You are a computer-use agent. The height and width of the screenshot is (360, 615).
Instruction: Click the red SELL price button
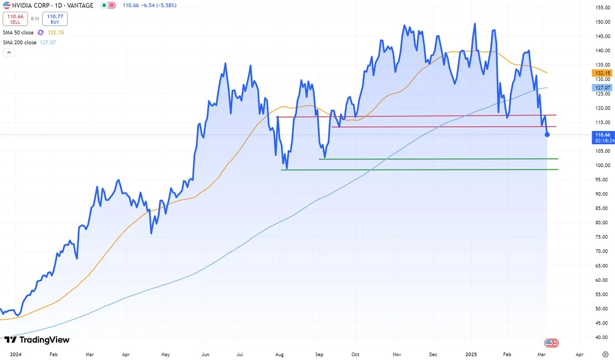(15, 18)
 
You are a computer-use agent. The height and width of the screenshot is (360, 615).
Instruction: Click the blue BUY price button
(55, 18)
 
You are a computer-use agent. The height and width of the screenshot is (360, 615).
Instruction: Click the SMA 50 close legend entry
(18, 32)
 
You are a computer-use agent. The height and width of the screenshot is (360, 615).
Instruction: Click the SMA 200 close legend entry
(20, 43)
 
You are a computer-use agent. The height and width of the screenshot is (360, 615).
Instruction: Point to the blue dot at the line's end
(547, 135)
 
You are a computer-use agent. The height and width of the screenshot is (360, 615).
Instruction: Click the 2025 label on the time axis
(470, 355)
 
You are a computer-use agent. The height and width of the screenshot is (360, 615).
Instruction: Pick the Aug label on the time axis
(279, 355)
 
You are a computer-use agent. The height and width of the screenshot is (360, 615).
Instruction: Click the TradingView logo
(37, 340)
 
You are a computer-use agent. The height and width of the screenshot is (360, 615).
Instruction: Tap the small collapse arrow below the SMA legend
(9, 54)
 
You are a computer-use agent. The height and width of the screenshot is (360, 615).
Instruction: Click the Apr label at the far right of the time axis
(579, 355)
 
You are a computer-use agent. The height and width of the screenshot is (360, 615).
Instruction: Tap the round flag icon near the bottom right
(551, 343)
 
